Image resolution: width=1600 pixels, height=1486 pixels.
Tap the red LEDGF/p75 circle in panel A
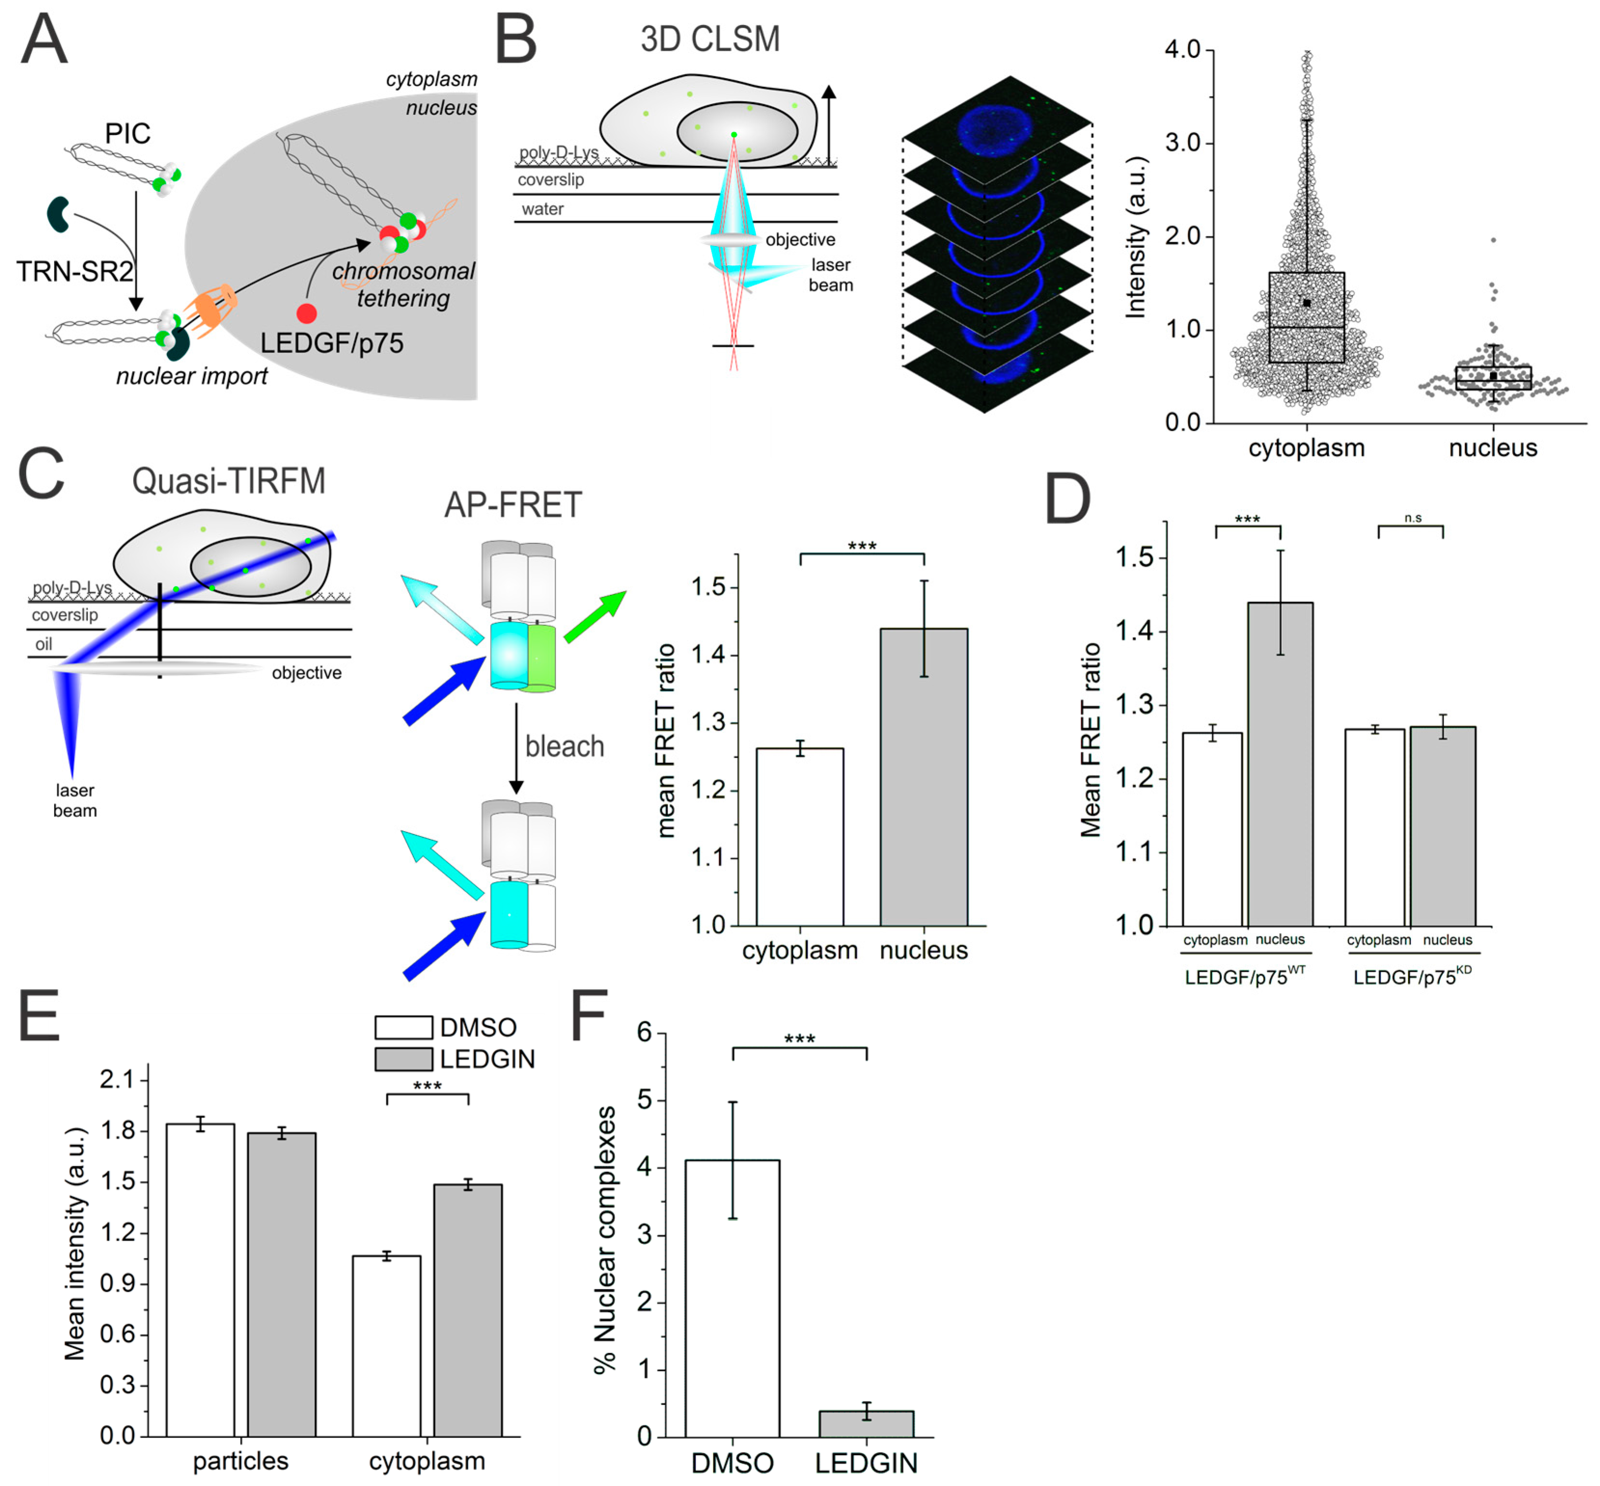[306, 313]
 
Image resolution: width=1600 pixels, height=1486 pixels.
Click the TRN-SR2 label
[74, 272]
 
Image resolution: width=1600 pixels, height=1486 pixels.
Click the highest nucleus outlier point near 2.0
[1493, 240]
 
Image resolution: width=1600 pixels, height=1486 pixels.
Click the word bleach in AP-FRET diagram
[564, 746]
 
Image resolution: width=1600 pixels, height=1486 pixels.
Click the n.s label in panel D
[1413, 518]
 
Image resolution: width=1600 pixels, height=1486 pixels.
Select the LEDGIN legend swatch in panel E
[404, 1059]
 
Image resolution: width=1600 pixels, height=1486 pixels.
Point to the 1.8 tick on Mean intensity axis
[117, 1131]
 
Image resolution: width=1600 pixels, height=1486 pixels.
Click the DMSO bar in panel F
[732, 1299]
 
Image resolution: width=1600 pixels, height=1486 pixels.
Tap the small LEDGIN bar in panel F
[866, 1424]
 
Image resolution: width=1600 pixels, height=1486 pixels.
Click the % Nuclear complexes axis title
[604, 1240]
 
